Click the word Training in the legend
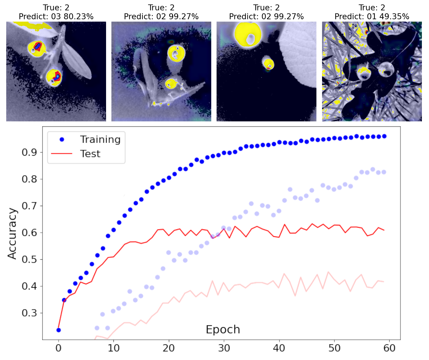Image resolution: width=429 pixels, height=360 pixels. coord(100,139)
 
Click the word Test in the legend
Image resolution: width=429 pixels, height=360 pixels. coord(90,154)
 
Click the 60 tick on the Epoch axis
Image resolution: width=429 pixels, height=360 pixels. coord(389,348)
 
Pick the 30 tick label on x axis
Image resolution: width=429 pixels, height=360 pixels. coord(224,348)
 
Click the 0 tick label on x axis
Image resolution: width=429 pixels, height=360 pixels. coord(58,348)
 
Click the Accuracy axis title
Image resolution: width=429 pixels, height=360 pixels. coord(12,233)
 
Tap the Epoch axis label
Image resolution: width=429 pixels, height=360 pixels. coord(223,330)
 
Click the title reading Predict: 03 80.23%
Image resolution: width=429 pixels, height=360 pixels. coord(56,17)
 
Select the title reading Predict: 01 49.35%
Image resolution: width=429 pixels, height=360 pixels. coord(372,17)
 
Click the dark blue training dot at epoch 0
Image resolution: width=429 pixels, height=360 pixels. coord(58,330)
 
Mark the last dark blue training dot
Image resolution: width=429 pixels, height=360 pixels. coord(384,136)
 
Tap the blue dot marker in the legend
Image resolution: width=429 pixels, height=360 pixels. coord(62,139)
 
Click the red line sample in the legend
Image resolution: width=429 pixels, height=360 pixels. coord(62,154)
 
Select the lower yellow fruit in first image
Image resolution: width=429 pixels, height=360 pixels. coord(54,78)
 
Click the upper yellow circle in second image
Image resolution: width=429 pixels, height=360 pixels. coord(176,53)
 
